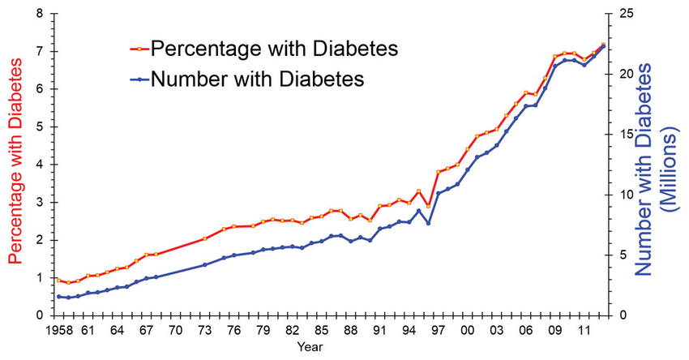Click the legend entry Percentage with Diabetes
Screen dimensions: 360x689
coord(274,49)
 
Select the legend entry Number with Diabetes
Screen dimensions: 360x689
coord(258,79)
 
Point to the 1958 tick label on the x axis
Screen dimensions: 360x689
coord(58,331)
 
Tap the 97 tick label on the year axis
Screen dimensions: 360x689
coord(439,331)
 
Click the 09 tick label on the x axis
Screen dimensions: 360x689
coord(555,331)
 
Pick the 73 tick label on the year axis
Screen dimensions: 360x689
coord(204,331)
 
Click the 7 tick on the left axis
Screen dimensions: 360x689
coord(40,51)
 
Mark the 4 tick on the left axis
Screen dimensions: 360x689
coord(40,165)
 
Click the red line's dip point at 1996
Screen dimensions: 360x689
coord(428,207)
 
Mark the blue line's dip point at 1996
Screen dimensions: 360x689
coord(428,223)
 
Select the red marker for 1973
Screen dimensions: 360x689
coord(204,238)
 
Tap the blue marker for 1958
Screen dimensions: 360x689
coord(58,297)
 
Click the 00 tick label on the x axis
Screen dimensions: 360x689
coord(468,331)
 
